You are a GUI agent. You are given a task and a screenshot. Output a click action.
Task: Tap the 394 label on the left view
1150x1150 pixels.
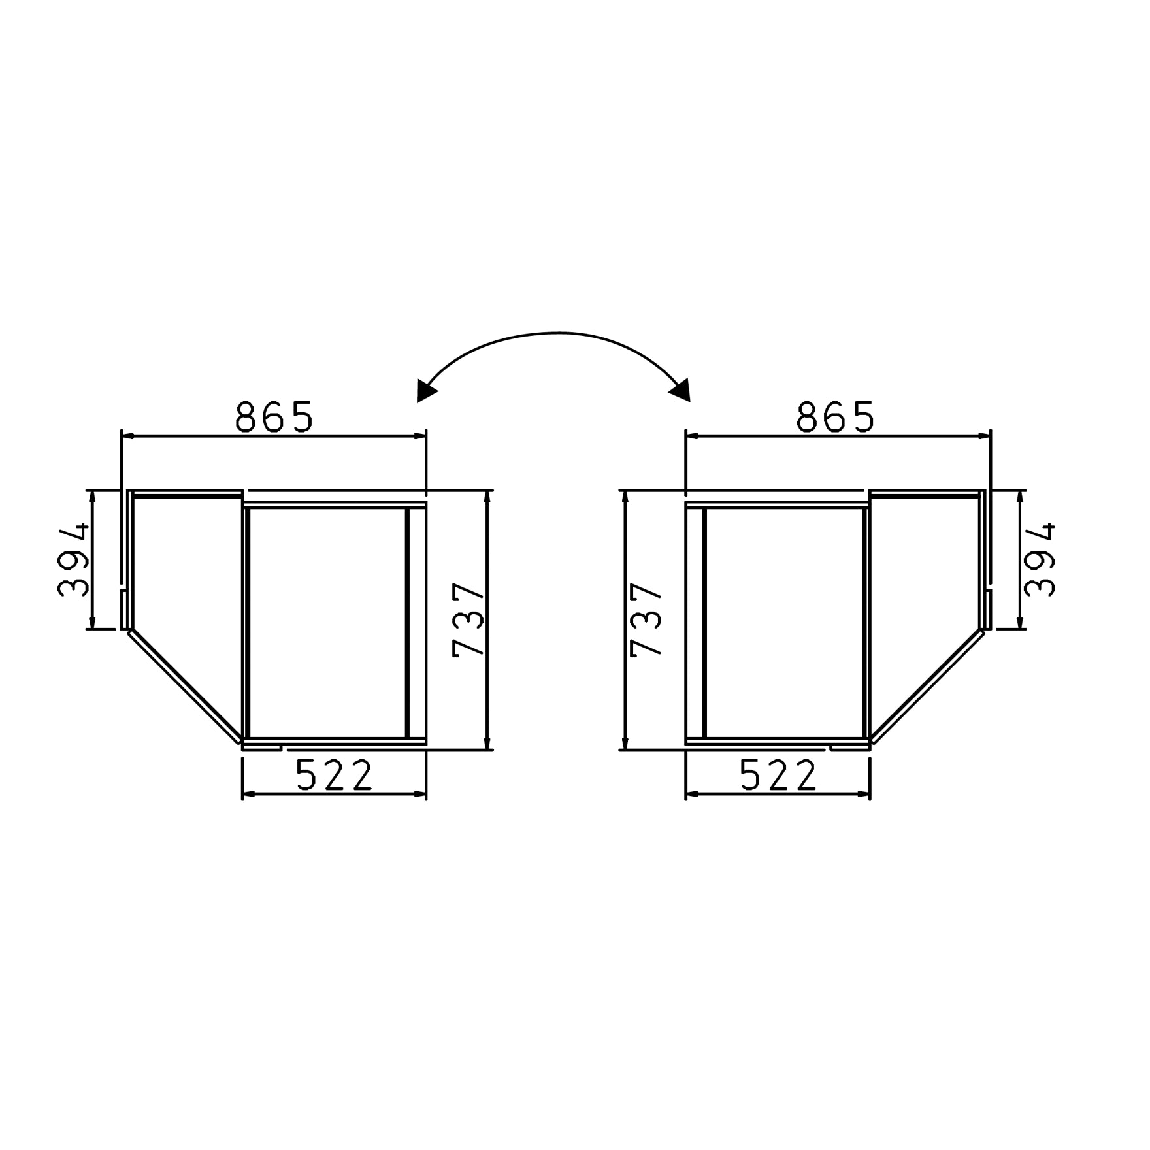coord(73,559)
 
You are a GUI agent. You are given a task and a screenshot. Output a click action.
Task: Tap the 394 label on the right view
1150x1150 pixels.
coord(1040,559)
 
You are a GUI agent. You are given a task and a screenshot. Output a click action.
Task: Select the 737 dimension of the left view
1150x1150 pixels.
coord(468,619)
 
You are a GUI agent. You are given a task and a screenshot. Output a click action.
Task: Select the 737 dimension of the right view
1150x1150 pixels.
coord(646,619)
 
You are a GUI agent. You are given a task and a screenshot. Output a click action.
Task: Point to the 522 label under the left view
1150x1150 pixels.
coord(334,775)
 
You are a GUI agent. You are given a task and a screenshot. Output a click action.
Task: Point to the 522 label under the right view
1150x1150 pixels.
coord(778,775)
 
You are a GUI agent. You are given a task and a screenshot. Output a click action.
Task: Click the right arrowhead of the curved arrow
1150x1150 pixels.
coord(681,391)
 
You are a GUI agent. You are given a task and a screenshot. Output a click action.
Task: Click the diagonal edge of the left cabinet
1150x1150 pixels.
coord(184,687)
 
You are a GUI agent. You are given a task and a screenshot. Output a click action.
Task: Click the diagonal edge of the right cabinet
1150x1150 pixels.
coord(927,687)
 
